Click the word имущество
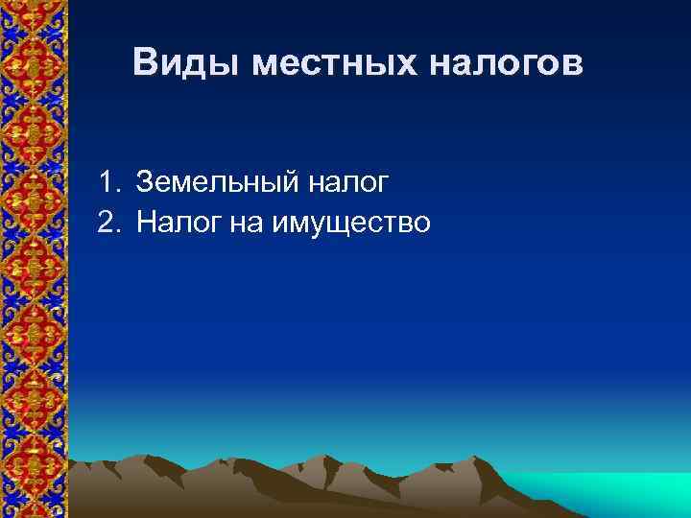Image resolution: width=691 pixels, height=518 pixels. point(352,224)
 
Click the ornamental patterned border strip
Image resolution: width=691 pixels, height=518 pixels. point(34,259)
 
